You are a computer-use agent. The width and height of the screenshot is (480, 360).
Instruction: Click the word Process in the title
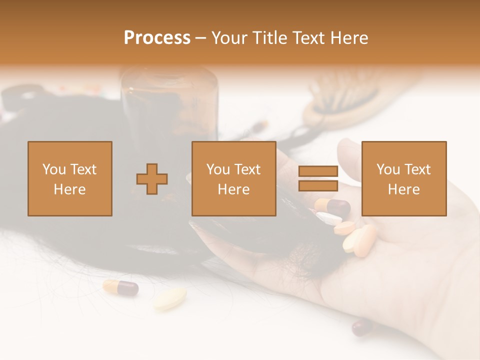click(157, 38)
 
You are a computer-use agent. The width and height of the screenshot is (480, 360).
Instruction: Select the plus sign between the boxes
click(152, 179)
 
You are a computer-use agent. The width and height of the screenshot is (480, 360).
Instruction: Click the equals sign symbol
click(318, 178)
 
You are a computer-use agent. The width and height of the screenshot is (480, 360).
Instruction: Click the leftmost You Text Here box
click(70, 178)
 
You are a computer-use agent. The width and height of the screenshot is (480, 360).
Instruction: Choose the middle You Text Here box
click(234, 178)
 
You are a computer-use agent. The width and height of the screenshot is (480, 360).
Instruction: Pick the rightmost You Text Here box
click(404, 178)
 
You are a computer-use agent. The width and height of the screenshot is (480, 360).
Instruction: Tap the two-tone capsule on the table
click(120, 287)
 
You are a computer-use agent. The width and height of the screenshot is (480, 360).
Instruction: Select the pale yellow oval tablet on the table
click(170, 298)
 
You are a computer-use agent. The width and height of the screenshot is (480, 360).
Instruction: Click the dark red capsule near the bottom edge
click(362, 327)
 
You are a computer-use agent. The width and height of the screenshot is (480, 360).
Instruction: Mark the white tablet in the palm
click(329, 218)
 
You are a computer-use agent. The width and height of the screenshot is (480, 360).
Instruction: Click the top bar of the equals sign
click(318, 171)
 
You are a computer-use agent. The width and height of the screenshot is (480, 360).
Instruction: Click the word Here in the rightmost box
click(404, 189)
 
